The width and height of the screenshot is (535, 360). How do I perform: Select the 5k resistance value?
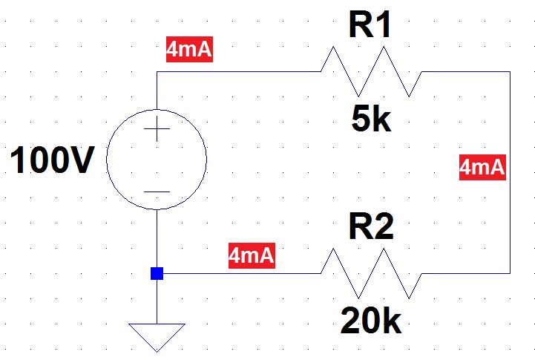[371, 120]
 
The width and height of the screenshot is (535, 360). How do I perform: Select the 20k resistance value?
[371, 321]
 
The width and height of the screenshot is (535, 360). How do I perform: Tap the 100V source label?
[53, 160]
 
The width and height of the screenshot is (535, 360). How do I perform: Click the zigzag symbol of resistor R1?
[371, 72]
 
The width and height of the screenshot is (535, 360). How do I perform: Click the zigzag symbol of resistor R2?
[371, 273]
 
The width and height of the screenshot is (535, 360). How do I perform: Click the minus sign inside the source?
[157, 191]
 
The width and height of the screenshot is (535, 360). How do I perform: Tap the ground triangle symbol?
[157, 336]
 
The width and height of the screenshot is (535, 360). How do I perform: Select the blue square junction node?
[157, 273]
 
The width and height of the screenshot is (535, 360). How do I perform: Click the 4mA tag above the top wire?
[190, 50]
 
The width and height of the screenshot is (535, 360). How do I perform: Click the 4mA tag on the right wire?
[482, 168]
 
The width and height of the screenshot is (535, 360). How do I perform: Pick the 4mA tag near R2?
[252, 256]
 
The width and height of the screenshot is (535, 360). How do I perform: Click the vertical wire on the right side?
[510, 223]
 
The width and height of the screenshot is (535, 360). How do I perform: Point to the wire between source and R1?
[237, 72]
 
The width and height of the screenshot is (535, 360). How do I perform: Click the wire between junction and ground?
[157, 301]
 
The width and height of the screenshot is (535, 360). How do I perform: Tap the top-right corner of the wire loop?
[510, 72]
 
